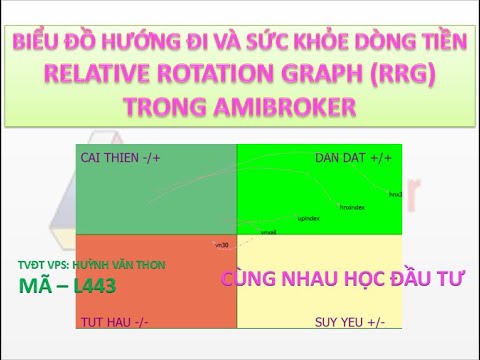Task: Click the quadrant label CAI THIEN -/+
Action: pyautogui.click(x=119, y=158)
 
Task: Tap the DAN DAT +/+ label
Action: pyautogui.click(x=354, y=158)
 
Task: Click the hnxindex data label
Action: pyautogui.click(x=352, y=207)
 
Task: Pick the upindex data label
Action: pyautogui.click(x=308, y=216)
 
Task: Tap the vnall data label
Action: pyautogui.click(x=268, y=231)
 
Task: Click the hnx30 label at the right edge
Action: pyautogui.click(x=395, y=194)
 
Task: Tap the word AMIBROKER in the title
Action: pyautogui.click(x=289, y=105)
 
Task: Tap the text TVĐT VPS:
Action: pyautogui.click(x=44, y=265)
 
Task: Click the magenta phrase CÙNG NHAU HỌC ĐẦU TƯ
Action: pyautogui.click(x=343, y=279)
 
